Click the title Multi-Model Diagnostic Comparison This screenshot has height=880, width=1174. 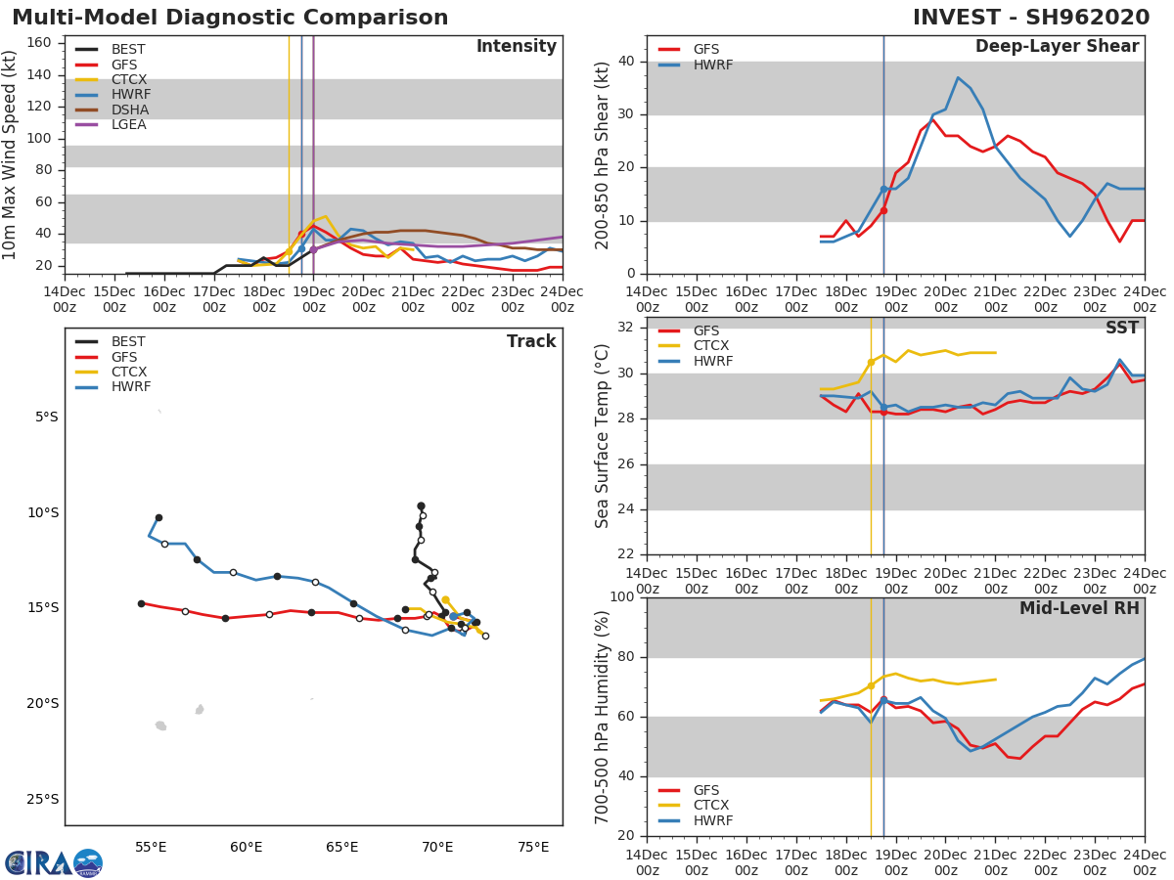[230, 18]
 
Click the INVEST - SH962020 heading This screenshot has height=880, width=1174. [1030, 18]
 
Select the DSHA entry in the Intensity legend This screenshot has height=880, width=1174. [130, 110]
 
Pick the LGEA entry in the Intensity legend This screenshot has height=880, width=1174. [130, 124]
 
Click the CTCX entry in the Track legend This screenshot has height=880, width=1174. [128, 372]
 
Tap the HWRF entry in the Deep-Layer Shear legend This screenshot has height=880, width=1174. [712, 65]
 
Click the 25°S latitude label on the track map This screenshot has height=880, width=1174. [41, 799]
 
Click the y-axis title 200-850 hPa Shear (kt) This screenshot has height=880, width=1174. [603, 154]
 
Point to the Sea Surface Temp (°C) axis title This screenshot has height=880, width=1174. [603, 435]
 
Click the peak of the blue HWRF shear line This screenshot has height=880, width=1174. [958, 77]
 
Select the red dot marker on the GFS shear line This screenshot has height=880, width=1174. [883, 210]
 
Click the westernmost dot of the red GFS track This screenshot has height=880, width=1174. [141, 603]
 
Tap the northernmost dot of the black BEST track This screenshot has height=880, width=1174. [421, 506]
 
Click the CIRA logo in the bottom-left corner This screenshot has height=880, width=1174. [53, 862]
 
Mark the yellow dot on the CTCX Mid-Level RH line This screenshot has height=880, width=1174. [871, 685]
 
